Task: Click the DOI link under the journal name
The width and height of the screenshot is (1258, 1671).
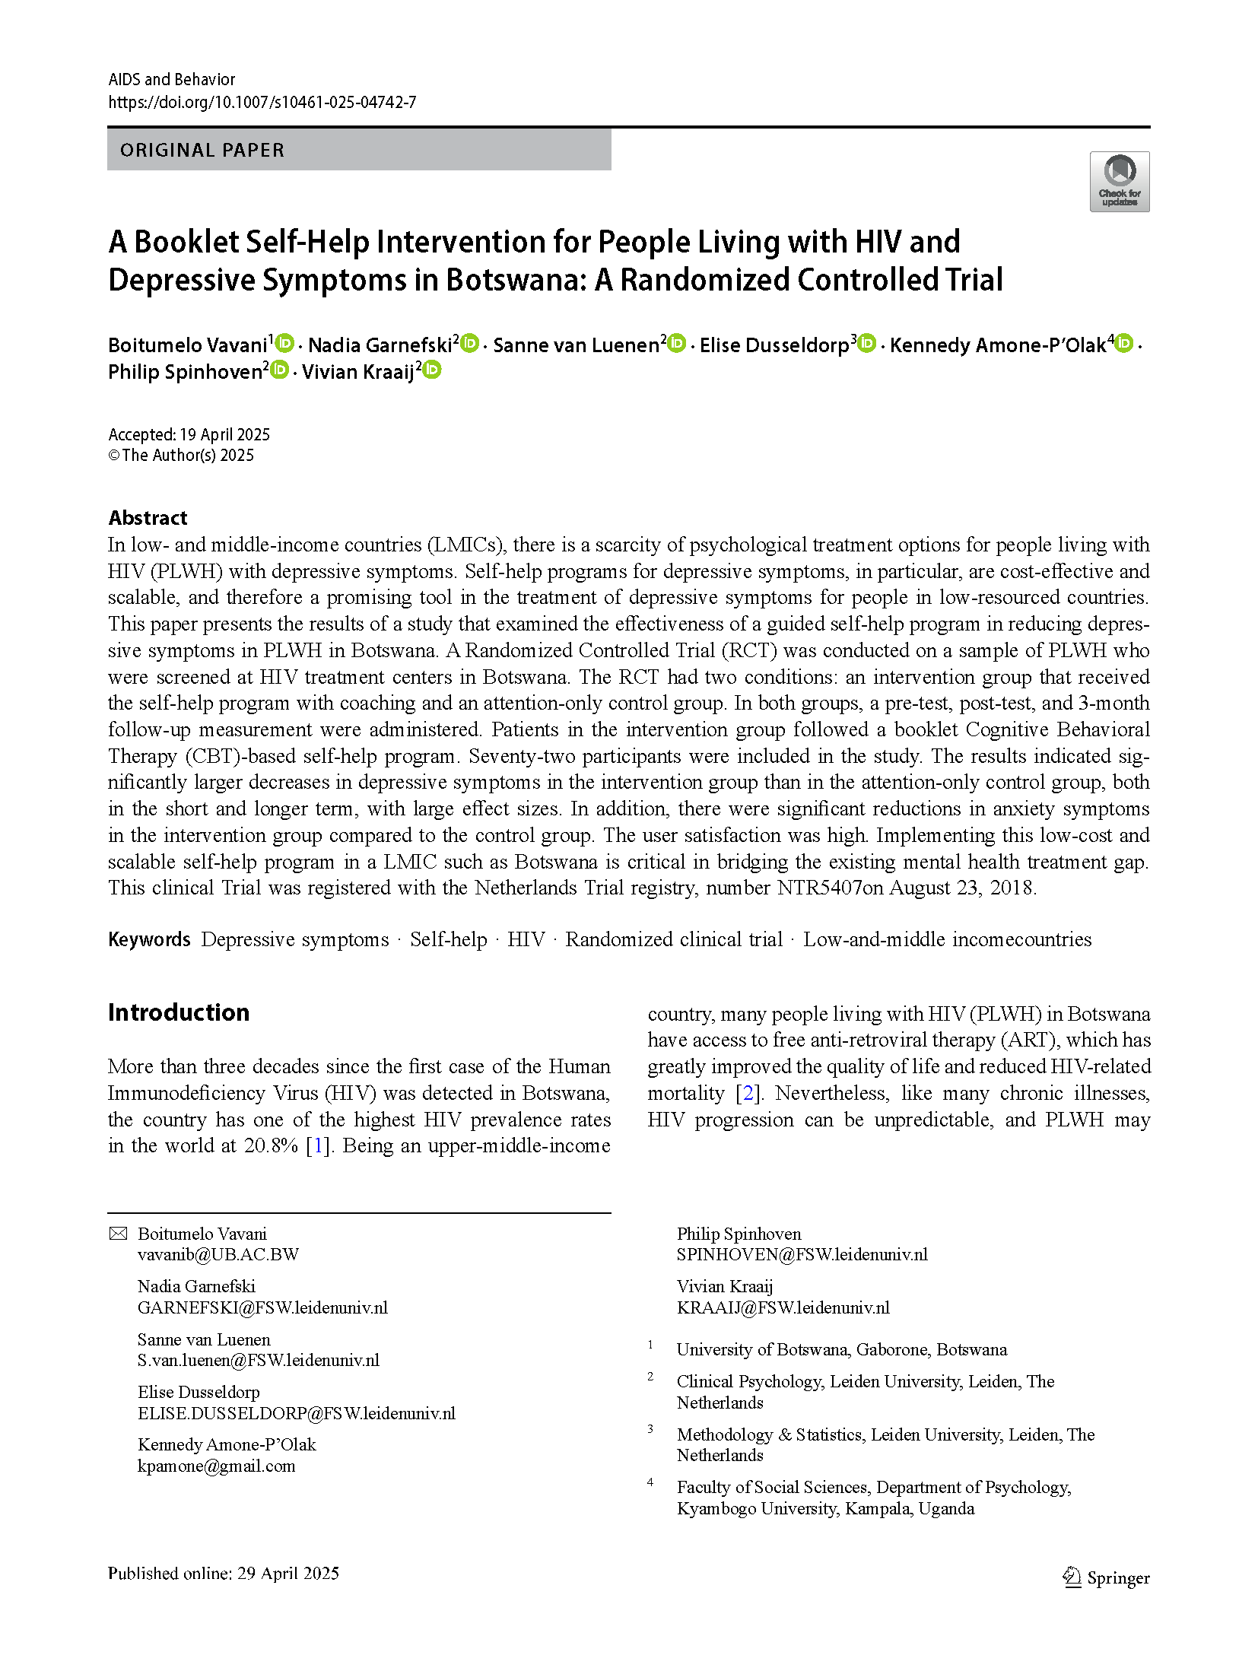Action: click(262, 102)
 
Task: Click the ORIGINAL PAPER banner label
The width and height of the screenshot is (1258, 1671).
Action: click(202, 150)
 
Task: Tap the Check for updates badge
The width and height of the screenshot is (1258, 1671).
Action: click(1119, 182)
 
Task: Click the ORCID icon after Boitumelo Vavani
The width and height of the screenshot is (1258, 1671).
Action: click(284, 343)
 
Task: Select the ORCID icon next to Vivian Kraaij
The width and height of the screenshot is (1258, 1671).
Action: click(432, 370)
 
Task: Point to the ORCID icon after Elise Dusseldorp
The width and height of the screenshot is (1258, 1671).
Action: click(867, 343)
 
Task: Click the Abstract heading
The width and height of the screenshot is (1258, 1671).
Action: click(148, 518)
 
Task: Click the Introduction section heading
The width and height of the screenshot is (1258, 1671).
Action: click(179, 1012)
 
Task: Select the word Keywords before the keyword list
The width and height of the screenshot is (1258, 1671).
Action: click(149, 939)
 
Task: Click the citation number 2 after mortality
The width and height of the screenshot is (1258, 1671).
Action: click(748, 1093)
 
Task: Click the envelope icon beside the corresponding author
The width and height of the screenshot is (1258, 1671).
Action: click(118, 1234)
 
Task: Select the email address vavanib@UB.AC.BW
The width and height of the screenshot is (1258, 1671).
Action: click(218, 1254)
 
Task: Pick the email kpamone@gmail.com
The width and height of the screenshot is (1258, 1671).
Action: click(216, 1466)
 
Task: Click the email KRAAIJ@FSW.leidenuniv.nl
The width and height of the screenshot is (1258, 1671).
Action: click(783, 1307)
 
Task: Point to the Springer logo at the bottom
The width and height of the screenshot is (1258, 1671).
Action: click(1105, 1577)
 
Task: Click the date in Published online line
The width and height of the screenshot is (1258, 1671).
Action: click(287, 1573)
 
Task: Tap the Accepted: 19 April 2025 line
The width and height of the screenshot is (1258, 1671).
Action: click(189, 434)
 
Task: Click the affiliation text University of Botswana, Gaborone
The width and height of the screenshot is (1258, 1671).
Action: click(841, 1349)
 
